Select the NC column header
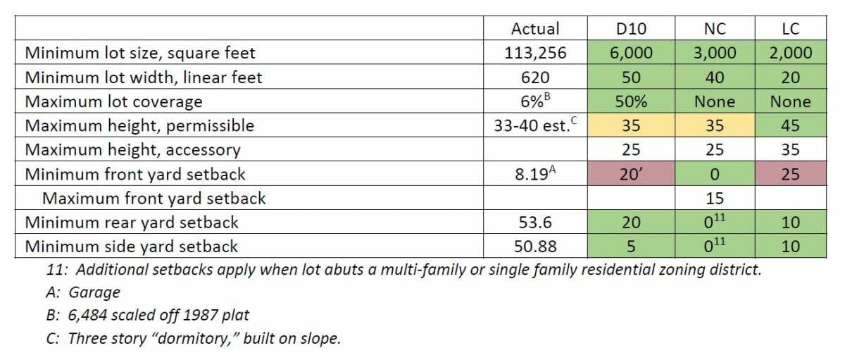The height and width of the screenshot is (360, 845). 714,29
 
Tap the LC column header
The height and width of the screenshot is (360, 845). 790,29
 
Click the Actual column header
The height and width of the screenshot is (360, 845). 535,29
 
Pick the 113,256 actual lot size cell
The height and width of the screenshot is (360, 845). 535,53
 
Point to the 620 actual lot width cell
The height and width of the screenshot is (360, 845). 535,77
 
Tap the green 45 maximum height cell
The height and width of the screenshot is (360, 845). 790,125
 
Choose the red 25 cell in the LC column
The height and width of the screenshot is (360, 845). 790,174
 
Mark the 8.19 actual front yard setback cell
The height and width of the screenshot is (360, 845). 535,174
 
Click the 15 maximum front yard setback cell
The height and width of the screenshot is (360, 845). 714,199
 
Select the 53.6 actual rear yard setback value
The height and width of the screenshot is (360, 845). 535,223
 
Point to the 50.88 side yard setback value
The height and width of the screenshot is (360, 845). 535,247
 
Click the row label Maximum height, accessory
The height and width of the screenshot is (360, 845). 133,150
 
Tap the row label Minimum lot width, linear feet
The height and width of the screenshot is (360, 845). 144,77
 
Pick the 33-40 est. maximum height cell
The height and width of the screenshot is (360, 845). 535,125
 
